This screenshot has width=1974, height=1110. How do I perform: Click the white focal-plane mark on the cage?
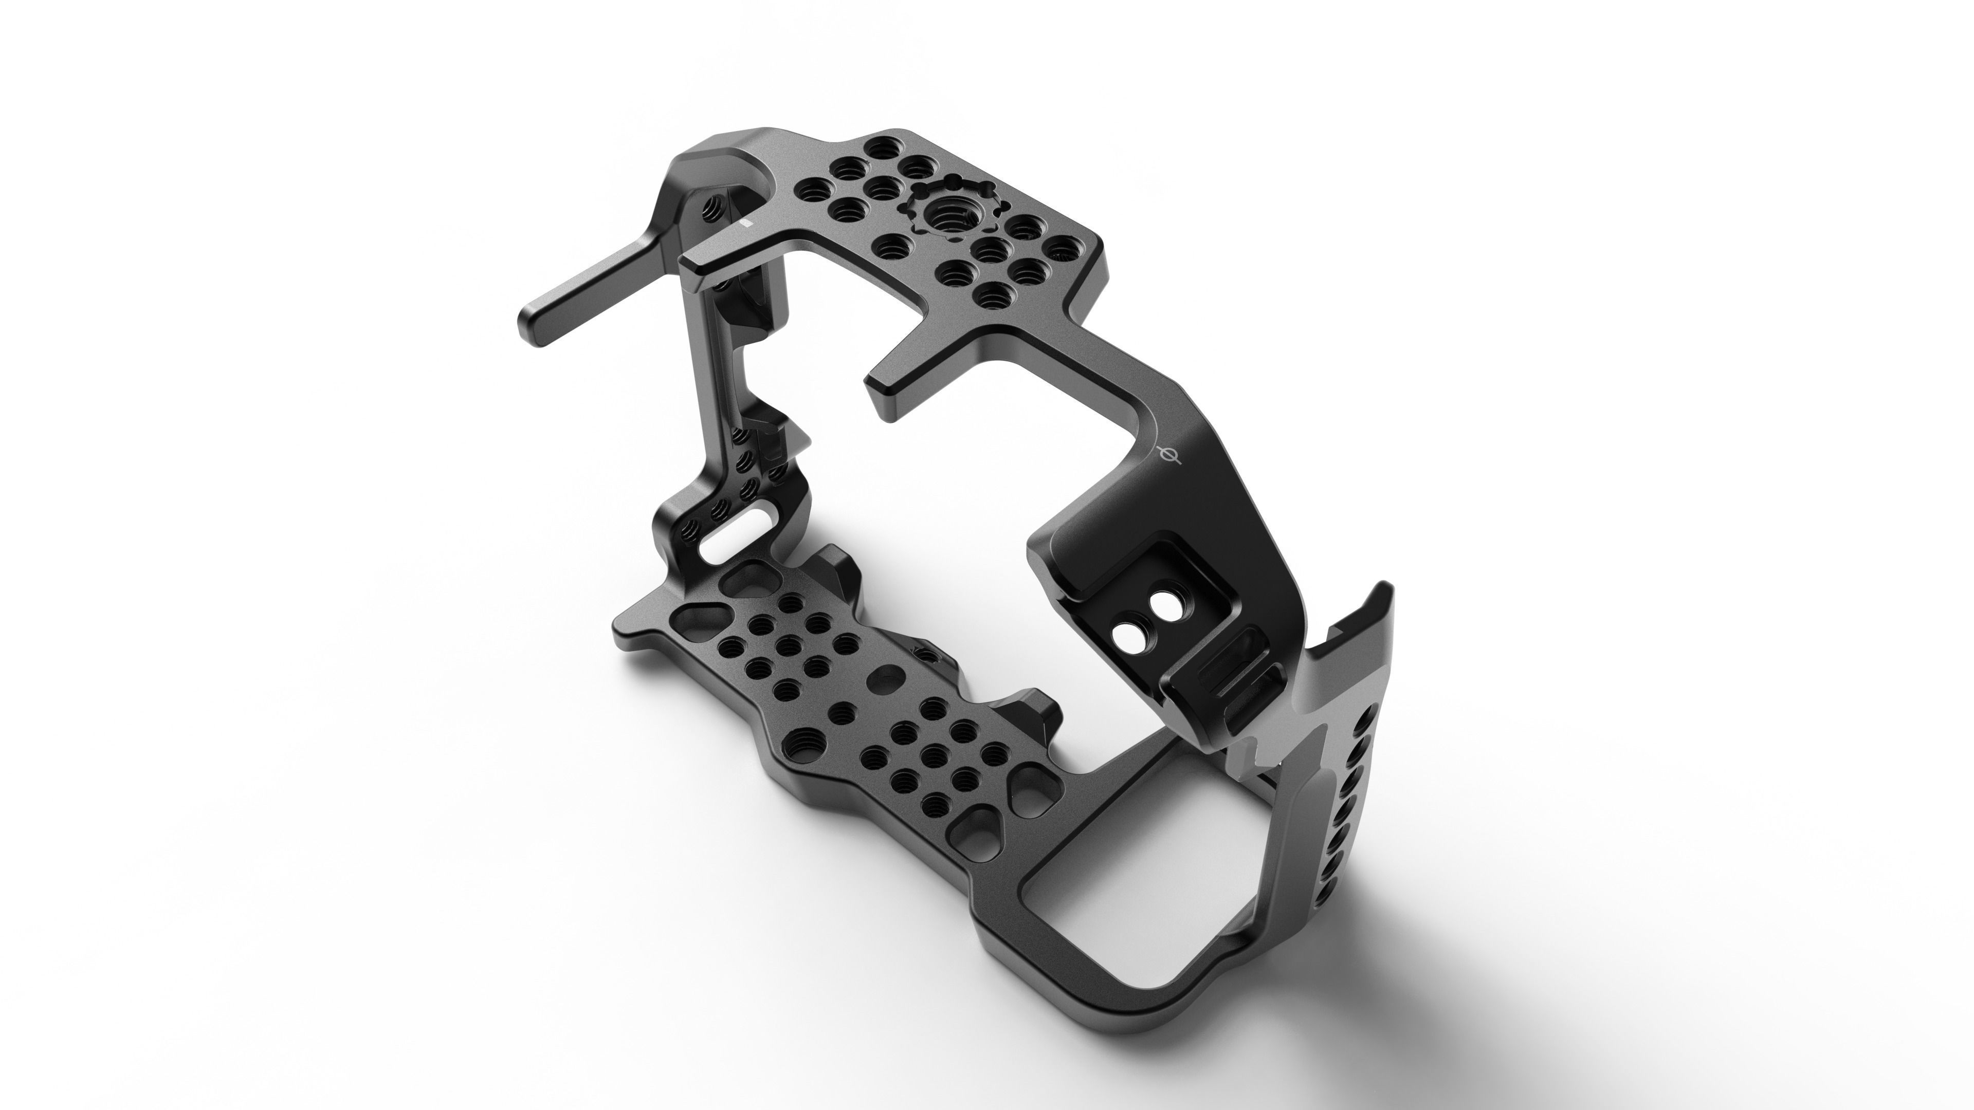point(1169,455)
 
